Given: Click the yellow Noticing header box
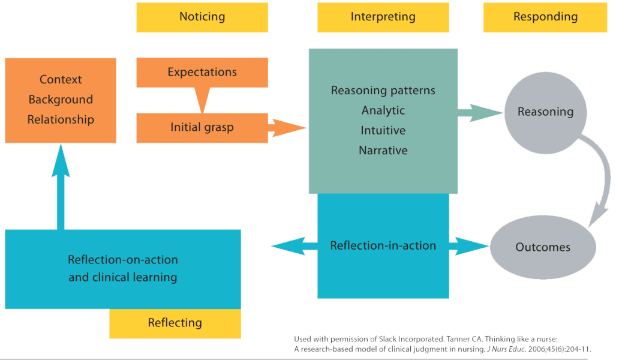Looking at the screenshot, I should point(202,17).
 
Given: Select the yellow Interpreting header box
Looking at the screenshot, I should point(383,17).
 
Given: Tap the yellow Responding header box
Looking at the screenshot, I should point(545,17).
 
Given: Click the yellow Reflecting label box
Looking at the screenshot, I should point(175,323).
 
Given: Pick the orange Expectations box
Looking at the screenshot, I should point(202,73).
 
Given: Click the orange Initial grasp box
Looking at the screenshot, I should point(202,127).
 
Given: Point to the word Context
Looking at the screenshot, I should point(61,80).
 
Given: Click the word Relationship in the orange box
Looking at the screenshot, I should point(61,119).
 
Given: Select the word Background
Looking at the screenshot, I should point(61,100).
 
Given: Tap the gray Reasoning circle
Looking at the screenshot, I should point(545,112).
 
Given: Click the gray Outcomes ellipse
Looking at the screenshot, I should point(543,247).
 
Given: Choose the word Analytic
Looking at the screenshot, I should point(383,110).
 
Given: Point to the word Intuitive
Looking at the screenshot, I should point(383,130).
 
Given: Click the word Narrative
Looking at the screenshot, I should point(383,151).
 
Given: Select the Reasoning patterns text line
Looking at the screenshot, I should point(383,91).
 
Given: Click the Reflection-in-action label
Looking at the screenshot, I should point(383,246).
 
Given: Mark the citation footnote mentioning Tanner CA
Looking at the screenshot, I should point(447,344).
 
